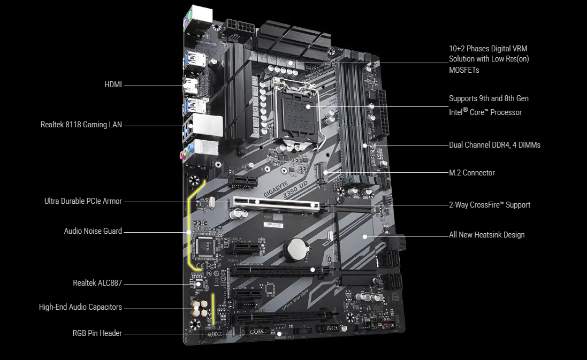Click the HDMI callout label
(113, 85)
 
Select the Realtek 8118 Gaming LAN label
(81, 125)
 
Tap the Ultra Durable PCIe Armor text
(83, 201)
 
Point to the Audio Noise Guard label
(93, 231)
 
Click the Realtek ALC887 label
(97, 283)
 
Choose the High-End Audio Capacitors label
(80, 307)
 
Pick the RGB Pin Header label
(97, 333)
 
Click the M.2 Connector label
(471, 173)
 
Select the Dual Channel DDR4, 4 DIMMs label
(494, 145)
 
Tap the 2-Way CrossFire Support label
(490, 205)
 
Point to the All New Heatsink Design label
(486, 235)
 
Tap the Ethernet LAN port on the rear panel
(207, 124)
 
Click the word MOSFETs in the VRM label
(464, 70)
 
